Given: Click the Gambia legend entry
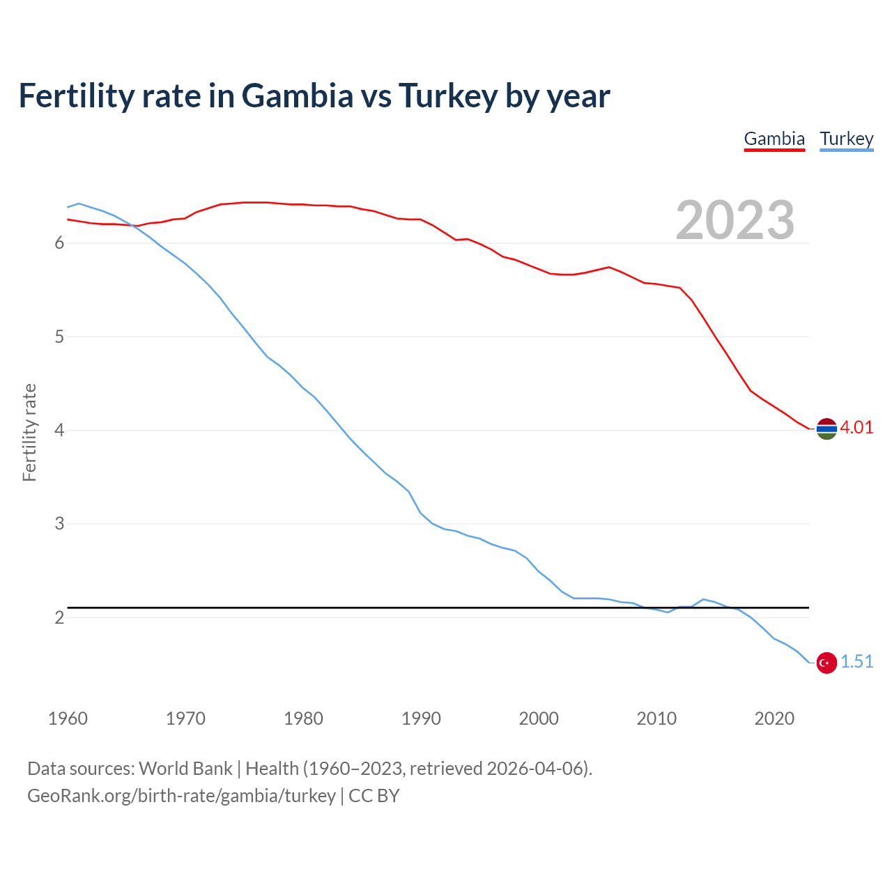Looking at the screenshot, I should click(x=774, y=139).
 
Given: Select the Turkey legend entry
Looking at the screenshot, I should click(x=846, y=139).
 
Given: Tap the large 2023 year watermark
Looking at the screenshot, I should click(x=735, y=220).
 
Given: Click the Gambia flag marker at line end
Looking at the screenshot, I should click(x=826, y=429).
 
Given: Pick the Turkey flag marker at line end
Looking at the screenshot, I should click(x=826, y=663).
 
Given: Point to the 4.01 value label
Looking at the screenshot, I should click(x=856, y=428).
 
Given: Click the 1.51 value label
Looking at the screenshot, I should click(x=856, y=662).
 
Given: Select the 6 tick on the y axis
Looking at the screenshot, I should click(x=59, y=243).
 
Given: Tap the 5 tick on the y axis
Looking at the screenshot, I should click(x=59, y=337).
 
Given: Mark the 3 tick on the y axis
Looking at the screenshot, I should click(x=59, y=524).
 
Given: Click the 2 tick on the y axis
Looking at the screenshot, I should click(x=59, y=618).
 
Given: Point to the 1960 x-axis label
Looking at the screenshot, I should click(x=68, y=718).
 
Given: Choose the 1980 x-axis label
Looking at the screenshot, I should click(x=303, y=718).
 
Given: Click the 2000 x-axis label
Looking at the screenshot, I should click(x=539, y=718).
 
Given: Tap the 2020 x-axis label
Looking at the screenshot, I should click(x=774, y=718).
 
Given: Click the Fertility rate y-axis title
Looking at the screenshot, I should click(x=29, y=432).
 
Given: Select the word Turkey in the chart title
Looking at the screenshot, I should click(x=447, y=95).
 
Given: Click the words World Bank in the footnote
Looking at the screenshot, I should click(x=185, y=769).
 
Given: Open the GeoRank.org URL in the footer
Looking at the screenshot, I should click(x=181, y=796).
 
